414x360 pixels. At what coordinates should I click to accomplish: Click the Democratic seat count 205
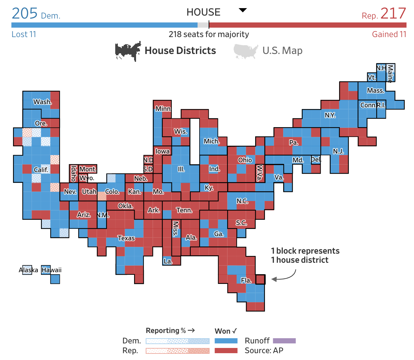(24, 13)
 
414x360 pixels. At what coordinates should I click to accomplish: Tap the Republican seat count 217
(393, 13)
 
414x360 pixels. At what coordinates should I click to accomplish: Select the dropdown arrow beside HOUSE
(242, 10)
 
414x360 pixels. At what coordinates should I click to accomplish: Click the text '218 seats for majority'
(209, 34)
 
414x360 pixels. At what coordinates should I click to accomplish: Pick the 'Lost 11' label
(24, 34)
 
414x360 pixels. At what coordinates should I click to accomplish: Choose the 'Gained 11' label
(389, 34)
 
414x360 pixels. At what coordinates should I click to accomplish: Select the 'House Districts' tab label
(180, 50)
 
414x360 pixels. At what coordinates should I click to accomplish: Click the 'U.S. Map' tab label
(283, 50)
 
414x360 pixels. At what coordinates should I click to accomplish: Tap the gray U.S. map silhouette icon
(246, 51)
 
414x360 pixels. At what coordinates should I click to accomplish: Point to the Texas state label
(126, 238)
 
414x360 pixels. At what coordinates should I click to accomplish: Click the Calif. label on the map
(41, 170)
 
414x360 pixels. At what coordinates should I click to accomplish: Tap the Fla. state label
(246, 280)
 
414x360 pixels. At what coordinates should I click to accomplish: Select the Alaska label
(28, 270)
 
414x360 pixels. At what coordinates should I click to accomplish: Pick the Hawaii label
(51, 270)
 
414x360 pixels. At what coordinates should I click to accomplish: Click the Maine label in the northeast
(390, 73)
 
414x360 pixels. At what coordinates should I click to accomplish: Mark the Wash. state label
(42, 102)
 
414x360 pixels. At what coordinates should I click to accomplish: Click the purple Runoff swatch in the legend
(284, 340)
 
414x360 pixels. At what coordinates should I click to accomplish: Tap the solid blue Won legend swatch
(226, 340)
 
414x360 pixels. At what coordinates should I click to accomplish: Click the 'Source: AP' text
(264, 351)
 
